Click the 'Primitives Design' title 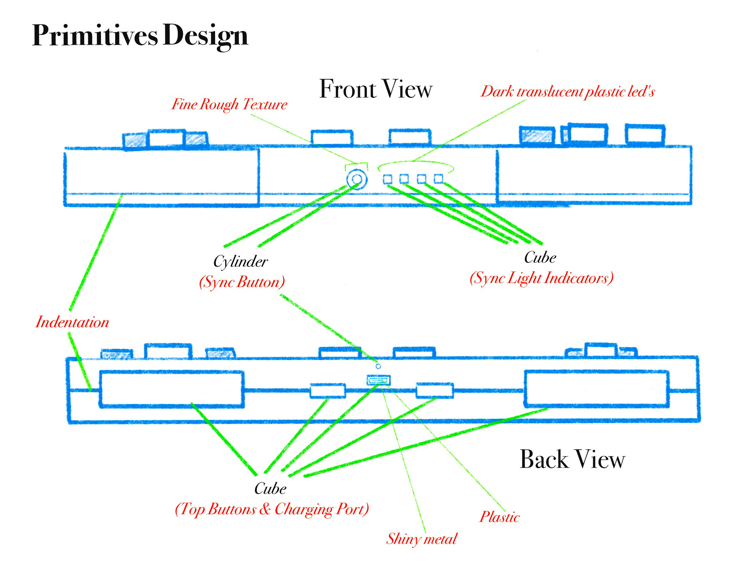point(140,35)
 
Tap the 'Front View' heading point(376,89)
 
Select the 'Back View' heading point(572,459)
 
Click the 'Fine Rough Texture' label point(229,104)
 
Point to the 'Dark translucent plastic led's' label point(568,92)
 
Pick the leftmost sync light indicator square point(387,179)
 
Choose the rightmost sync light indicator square point(438,179)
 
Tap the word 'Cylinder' point(240,261)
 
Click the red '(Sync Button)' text point(242,282)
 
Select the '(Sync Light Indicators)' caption point(541,278)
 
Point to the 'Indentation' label point(72,323)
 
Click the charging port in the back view point(378,380)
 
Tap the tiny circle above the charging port point(378,366)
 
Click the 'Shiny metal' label point(421,539)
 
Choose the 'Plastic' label point(499,517)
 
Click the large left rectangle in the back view point(172,389)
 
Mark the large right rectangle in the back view point(596,389)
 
